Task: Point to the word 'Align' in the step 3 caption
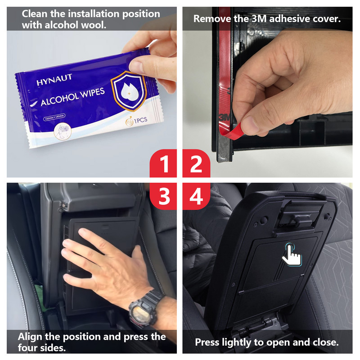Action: point(31,337)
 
